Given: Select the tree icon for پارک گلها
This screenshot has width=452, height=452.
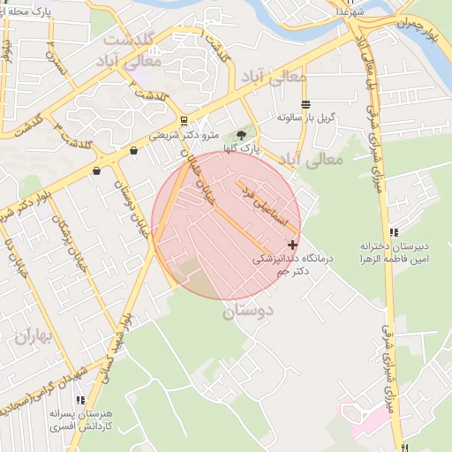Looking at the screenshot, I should (x=241, y=135).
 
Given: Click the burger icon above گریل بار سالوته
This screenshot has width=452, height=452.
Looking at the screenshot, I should (x=305, y=104).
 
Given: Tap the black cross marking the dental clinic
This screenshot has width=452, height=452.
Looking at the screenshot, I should (x=293, y=244).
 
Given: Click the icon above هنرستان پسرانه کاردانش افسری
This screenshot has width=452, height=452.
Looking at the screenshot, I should (x=80, y=400).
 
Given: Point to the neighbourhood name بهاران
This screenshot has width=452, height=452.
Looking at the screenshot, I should (x=34, y=336).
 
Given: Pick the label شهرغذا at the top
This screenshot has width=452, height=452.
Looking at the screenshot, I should (x=349, y=11).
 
